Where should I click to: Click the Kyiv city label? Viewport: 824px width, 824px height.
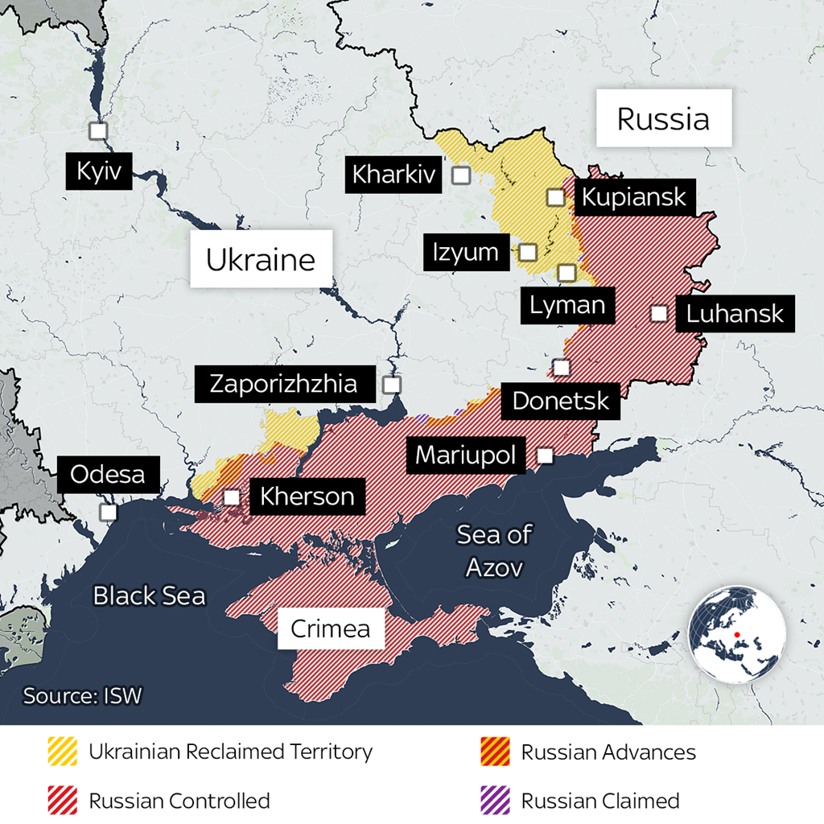99,171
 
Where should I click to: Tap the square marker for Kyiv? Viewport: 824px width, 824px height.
98,131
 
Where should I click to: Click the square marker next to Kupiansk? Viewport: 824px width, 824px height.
555,197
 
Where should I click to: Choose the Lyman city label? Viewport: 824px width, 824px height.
566,305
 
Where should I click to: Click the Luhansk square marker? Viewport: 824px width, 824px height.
659,313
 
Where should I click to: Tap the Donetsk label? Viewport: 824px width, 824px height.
561,400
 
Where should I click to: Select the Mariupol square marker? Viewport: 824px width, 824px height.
545,455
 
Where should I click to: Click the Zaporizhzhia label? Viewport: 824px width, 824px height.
283,384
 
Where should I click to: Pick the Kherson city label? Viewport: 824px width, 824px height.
307,496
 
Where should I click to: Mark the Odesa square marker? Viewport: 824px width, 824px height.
107,512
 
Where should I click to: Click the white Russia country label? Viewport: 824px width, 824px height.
663,118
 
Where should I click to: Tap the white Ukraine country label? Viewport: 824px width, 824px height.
261,259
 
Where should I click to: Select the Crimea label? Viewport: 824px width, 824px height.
330,628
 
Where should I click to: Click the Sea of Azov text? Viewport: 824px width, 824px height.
494,551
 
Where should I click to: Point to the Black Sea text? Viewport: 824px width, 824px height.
149,595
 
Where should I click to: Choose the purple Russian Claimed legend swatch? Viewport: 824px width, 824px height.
495,801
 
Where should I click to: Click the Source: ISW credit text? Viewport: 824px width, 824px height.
82,695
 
